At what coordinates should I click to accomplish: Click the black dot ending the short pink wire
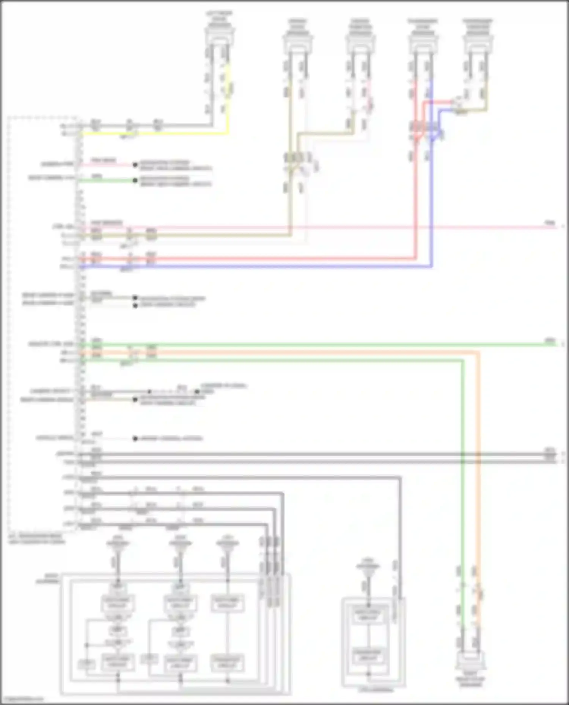click(135, 165)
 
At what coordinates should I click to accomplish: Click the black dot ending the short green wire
click(135, 181)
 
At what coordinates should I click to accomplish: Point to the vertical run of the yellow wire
click(228, 98)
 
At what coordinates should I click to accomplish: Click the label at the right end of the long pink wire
click(550, 224)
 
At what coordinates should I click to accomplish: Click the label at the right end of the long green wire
click(550, 341)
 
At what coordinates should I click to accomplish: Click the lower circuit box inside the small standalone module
click(368, 656)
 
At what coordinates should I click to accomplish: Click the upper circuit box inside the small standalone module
click(368, 614)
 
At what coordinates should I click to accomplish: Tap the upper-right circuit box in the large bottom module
click(227, 603)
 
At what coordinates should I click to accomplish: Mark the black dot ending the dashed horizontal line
click(197, 392)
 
